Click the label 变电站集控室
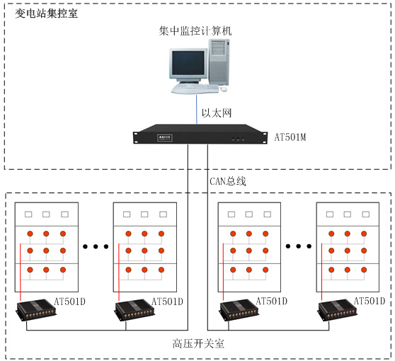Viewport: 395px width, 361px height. click(46, 13)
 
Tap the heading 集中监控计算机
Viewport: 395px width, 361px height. click(195, 31)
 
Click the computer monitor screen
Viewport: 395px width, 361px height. click(188, 63)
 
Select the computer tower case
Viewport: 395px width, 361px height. click(219, 62)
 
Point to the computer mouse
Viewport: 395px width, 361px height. click(224, 89)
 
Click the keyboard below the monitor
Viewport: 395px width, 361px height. click(195, 88)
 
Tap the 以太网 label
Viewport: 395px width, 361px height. click(217, 113)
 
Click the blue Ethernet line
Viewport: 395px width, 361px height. click(197, 109)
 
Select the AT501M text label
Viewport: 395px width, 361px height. click(290, 137)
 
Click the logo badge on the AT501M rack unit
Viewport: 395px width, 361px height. click(165, 137)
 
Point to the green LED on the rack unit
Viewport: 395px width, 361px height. click(243, 139)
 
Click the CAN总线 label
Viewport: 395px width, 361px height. click(228, 181)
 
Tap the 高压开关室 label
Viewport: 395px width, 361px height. click(198, 343)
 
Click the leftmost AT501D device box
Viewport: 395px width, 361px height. click(36, 309)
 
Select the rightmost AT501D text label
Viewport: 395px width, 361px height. click(370, 301)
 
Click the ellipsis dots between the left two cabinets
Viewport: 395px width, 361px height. click(96, 246)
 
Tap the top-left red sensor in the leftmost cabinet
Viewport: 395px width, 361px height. click(30, 234)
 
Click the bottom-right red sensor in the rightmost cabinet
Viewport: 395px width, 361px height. click(364, 270)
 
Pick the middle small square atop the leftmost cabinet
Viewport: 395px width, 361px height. click(46, 214)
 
